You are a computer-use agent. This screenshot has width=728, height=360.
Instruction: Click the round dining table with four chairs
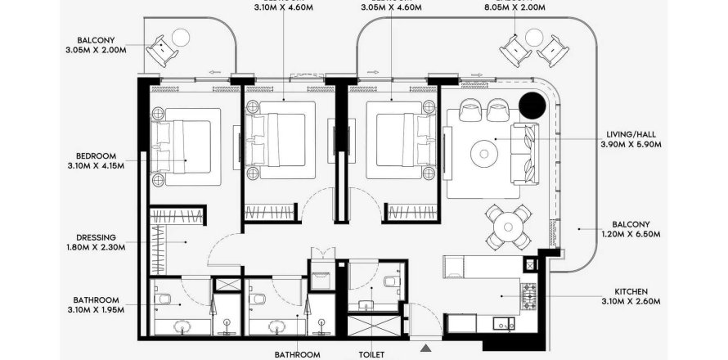click(506, 225)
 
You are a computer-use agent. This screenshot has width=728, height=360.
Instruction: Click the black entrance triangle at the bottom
click(425, 349)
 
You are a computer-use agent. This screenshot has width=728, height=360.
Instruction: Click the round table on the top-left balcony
click(181, 37)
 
